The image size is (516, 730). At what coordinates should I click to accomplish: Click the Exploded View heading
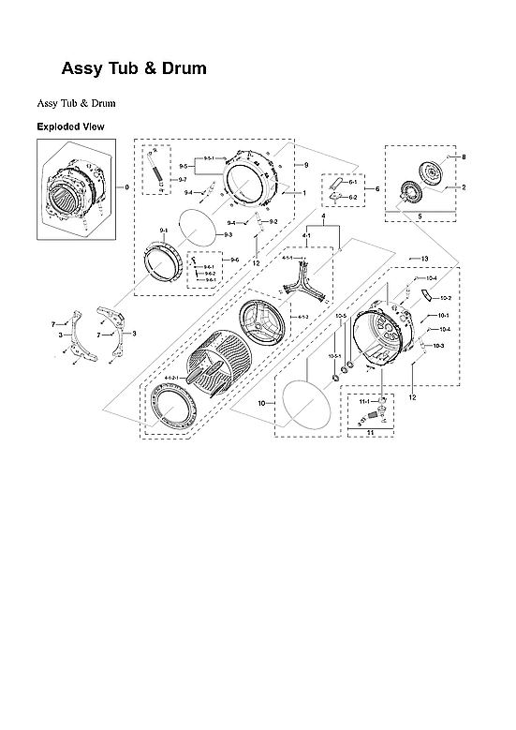click(x=70, y=127)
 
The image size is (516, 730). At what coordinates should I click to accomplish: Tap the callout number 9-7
click(x=183, y=179)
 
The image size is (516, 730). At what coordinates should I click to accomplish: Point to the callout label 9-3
click(x=227, y=234)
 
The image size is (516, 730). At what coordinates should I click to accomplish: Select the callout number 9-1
click(x=164, y=230)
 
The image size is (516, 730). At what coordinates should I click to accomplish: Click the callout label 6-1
click(x=353, y=182)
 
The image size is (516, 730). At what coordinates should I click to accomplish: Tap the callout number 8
click(x=463, y=156)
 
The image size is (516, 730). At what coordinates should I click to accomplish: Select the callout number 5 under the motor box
click(x=419, y=216)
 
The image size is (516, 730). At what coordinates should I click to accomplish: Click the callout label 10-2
click(x=445, y=297)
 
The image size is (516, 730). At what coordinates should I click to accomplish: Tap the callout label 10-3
click(x=439, y=346)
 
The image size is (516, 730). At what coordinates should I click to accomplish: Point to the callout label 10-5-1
click(x=333, y=356)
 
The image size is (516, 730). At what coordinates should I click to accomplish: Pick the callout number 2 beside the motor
click(x=463, y=186)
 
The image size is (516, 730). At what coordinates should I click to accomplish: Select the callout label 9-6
click(x=233, y=259)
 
